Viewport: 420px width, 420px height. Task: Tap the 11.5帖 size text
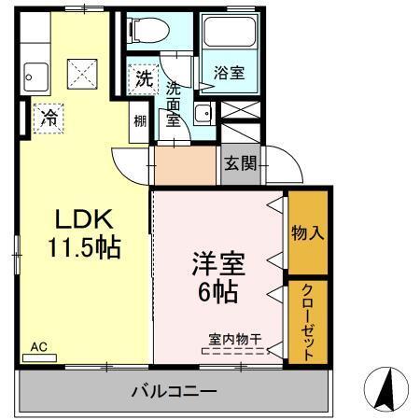click(x=85, y=248)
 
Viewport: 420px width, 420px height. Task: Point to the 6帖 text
click(x=217, y=291)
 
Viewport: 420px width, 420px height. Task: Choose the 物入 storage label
click(x=308, y=231)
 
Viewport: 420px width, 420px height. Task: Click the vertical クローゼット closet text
click(x=308, y=321)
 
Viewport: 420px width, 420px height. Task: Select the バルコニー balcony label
click(x=174, y=391)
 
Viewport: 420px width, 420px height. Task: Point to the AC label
click(x=38, y=346)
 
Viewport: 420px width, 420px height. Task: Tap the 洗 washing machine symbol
click(x=143, y=78)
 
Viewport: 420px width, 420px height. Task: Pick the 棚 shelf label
click(x=139, y=120)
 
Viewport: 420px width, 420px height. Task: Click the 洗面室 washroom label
click(x=174, y=102)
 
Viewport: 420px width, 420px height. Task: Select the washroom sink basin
click(x=203, y=113)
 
